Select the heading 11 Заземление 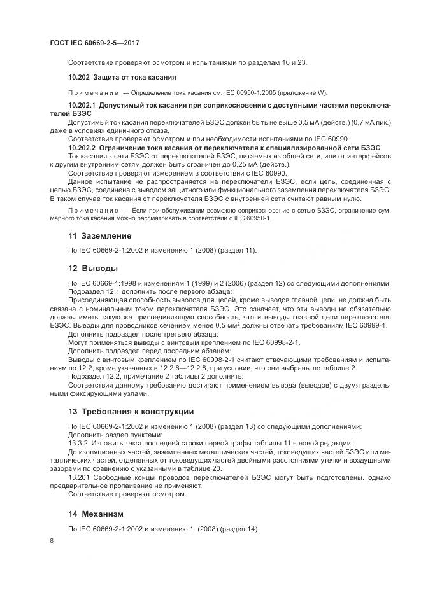pyautogui.click(x=96, y=235)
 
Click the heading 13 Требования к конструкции pyautogui.click(x=131, y=411)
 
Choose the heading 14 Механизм pyautogui.click(x=96, y=513)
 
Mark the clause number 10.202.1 pyautogui.click(x=81, y=104)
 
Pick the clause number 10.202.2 pyautogui.click(x=81, y=146)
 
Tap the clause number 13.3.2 pyautogui.click(x=78, y=442)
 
